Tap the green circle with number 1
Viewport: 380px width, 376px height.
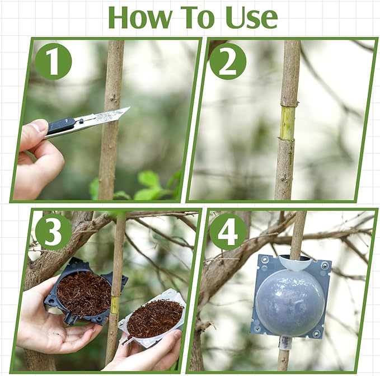[53, 60]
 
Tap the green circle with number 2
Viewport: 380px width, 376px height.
[227, 61]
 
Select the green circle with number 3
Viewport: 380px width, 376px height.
[53, 231]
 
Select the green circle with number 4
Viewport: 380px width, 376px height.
[228, 231]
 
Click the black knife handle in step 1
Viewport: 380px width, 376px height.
[60, 126]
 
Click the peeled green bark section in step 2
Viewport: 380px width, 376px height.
[287, 123]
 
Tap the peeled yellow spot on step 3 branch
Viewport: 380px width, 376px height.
[115, 305]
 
